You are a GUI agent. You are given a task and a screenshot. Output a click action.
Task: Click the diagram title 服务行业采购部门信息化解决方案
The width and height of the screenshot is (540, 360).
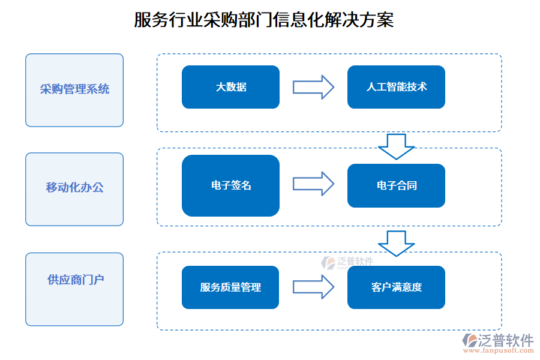point(263,20)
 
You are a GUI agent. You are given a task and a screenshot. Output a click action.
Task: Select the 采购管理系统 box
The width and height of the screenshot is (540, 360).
point(74,90)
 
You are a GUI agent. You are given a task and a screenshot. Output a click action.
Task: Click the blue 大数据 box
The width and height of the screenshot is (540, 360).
point(230,87)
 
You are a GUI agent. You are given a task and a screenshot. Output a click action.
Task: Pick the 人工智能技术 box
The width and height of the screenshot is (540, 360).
point(396,87)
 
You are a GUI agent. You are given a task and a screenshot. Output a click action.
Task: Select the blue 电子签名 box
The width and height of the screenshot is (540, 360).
point(230,185)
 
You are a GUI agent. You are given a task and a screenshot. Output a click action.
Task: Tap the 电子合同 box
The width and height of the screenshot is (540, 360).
point(396,185)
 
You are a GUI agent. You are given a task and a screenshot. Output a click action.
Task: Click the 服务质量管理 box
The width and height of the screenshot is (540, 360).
point(230,287)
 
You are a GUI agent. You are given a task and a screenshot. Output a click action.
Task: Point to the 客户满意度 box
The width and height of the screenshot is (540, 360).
point(396,287)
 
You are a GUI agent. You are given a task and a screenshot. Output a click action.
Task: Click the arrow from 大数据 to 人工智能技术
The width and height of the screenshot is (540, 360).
point(313,87)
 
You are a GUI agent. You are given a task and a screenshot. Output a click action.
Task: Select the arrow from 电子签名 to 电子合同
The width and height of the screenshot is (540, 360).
point(313,184)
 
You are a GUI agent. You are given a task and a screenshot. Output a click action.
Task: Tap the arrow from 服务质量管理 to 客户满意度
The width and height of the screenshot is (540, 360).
point(313,287)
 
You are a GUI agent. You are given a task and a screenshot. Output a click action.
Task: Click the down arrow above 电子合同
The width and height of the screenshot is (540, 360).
point(396,146)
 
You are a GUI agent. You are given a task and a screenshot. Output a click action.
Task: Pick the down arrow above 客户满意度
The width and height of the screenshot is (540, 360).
point(396,243)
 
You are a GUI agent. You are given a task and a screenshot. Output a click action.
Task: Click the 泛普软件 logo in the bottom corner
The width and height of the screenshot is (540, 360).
point(497,340)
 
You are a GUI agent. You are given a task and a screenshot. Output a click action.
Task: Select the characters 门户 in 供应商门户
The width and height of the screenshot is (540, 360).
point(92,280)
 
